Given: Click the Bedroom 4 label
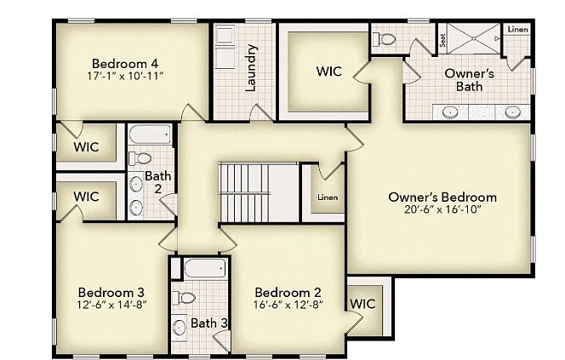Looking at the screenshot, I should click(x=125, y=62).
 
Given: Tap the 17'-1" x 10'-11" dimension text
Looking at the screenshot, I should click(x=125, y=76).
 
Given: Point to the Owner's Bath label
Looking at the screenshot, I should click(x=465, y=79).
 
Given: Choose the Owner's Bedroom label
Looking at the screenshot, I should click(x=442, y=197).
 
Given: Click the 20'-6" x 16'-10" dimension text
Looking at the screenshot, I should click(x=442, y=210).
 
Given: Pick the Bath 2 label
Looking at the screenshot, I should click(x=157, y=182).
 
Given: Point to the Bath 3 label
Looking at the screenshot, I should click(x=208, y=323).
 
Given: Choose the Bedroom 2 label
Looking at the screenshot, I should click(x=288, y=291).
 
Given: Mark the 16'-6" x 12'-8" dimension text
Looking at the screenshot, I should click(x=288, y=305).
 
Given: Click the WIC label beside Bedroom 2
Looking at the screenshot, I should click(x=363, y=303).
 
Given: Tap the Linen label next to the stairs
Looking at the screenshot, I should click(x=328, y=197).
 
